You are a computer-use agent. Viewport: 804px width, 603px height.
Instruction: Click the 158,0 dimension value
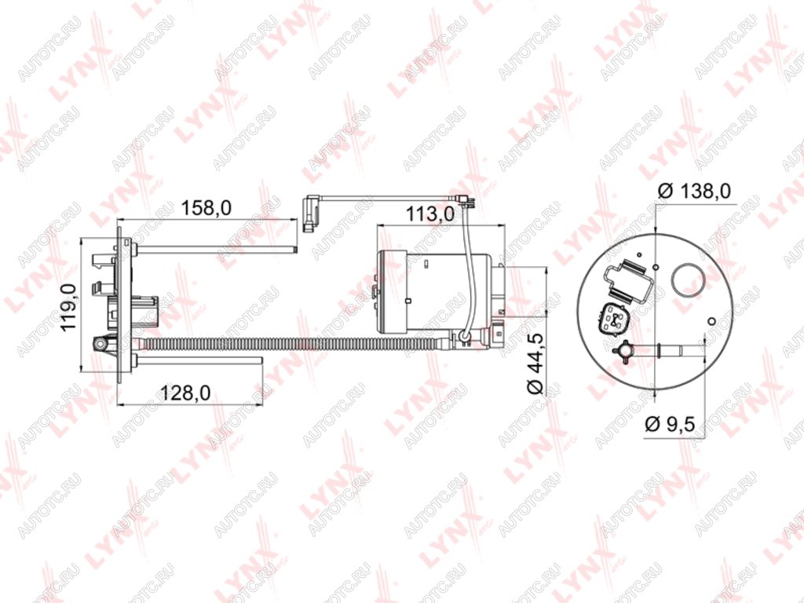(x=206, y=208)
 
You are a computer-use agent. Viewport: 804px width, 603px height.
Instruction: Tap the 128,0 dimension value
(x=185, y=393)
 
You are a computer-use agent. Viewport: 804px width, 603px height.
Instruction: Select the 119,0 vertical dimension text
(x=69, y=307)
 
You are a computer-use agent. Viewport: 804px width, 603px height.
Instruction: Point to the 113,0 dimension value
(x=429, y=214)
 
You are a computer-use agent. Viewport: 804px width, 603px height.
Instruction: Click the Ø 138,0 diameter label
(x=694, y=191)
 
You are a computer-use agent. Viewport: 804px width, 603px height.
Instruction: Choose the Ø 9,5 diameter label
(x=670, y=425)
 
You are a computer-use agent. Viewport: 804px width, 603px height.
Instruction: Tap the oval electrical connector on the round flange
(x=612, y=320)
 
